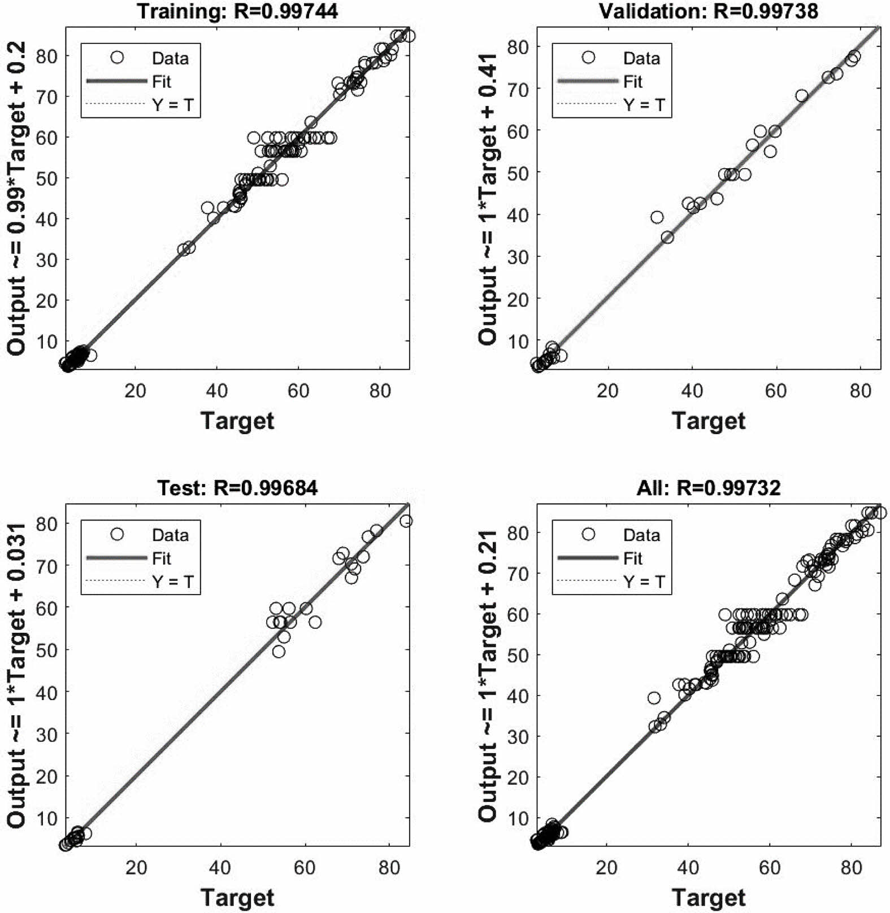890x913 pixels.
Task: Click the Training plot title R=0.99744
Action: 237,11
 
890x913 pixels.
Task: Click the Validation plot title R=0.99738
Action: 709,11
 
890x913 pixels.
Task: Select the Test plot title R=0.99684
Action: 237,487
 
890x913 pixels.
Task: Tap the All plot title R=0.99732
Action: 709,487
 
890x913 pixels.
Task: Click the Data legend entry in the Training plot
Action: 170,58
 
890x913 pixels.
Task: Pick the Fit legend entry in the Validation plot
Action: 633,82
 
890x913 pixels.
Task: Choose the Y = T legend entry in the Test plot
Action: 172,582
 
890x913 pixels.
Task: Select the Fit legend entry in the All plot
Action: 633,558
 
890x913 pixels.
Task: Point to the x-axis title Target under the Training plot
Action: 237,421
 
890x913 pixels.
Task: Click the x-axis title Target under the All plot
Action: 709,898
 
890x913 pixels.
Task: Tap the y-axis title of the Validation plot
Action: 488,199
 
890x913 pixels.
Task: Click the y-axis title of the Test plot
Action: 16,676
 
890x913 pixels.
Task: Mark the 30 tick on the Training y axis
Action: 48,260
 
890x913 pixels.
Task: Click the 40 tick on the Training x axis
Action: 216,391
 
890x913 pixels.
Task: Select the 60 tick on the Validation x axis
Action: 776,391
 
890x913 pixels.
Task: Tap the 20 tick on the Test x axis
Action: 136,867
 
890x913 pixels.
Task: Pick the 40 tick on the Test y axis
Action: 48,692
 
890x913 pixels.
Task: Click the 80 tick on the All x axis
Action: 851,867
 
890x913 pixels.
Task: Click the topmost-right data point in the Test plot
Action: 406,521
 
